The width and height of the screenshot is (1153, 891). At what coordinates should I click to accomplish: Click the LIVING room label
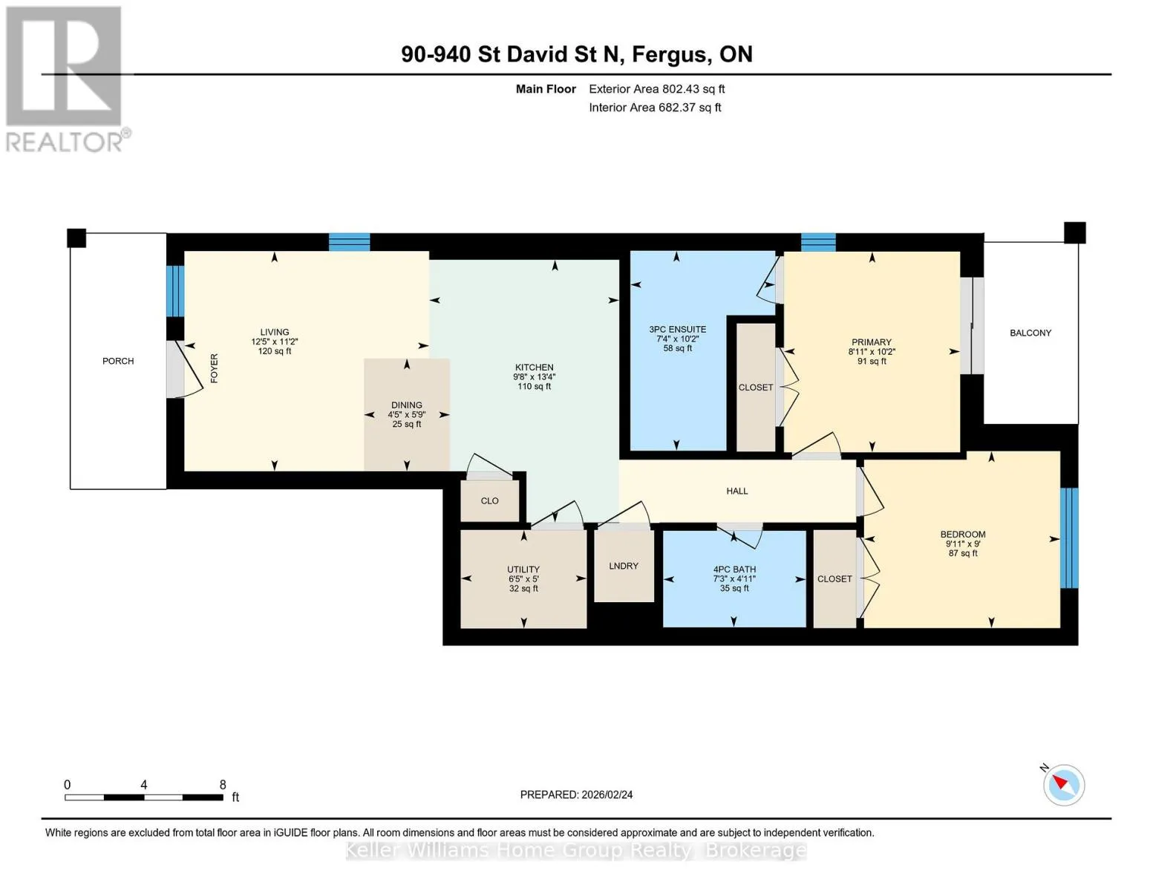point(274,332)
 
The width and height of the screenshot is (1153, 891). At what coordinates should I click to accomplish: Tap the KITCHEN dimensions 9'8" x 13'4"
point(535,376)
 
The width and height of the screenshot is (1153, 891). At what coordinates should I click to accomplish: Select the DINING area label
point(407,405)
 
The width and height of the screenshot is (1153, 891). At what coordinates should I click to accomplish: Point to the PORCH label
point(118,361)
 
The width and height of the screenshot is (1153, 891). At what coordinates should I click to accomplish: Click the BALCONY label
point(1030,333)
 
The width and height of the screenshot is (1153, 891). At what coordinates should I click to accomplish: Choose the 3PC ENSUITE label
point(678,329)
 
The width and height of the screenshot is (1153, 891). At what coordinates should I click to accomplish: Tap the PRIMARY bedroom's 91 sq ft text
point(872,362)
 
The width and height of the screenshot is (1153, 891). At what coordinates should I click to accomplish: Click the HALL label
point(737,492)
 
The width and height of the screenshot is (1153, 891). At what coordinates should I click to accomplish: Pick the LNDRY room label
point(624,566)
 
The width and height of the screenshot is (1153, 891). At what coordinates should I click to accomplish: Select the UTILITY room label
point(523,569)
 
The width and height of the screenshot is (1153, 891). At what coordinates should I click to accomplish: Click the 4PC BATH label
point(734,569)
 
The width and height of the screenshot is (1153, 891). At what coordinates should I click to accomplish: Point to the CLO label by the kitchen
point(489,501)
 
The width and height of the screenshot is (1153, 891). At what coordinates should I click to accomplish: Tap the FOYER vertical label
point(215,368)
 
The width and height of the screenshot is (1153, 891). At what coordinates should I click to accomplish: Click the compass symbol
point(1063,785)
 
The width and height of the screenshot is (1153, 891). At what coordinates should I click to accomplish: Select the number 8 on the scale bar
point(223,784)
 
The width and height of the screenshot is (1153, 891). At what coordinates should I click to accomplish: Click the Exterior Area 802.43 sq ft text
point(657,89)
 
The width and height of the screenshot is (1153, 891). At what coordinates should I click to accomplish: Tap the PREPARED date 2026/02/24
point(607,794)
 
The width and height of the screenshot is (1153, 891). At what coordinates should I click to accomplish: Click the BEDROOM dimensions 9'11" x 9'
point(963,544)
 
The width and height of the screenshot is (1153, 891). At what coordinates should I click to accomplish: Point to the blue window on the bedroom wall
point(1068,538)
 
